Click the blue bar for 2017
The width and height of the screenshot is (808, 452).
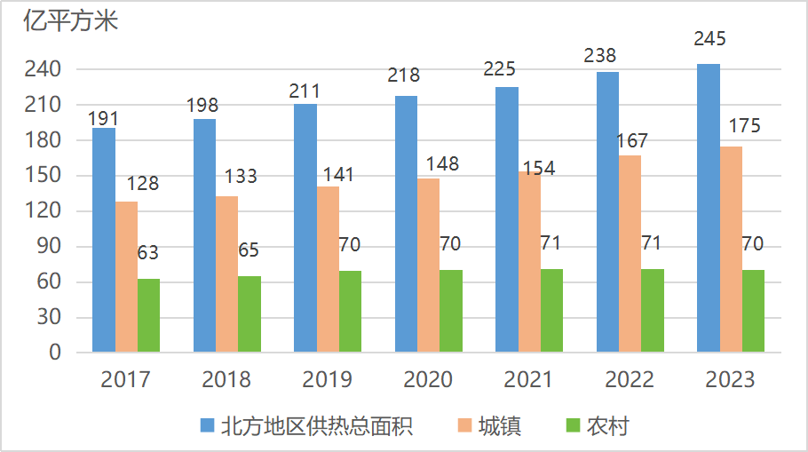pos(103,240)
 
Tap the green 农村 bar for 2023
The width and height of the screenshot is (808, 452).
pos(753,311)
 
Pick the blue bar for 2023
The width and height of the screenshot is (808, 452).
pos(708,208)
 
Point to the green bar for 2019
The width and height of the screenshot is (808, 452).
pos(351,312)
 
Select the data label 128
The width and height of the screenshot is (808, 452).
pos(142,184)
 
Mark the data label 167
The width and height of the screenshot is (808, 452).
pos(631,140)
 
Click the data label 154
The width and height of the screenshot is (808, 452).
pos(538,168)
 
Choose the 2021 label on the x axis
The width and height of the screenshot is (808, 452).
pos(528,380)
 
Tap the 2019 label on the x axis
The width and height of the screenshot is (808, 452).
pos(327,380)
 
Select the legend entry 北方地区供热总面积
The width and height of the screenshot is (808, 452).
pos(317,426)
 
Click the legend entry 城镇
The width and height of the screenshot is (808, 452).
pos(500,426)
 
